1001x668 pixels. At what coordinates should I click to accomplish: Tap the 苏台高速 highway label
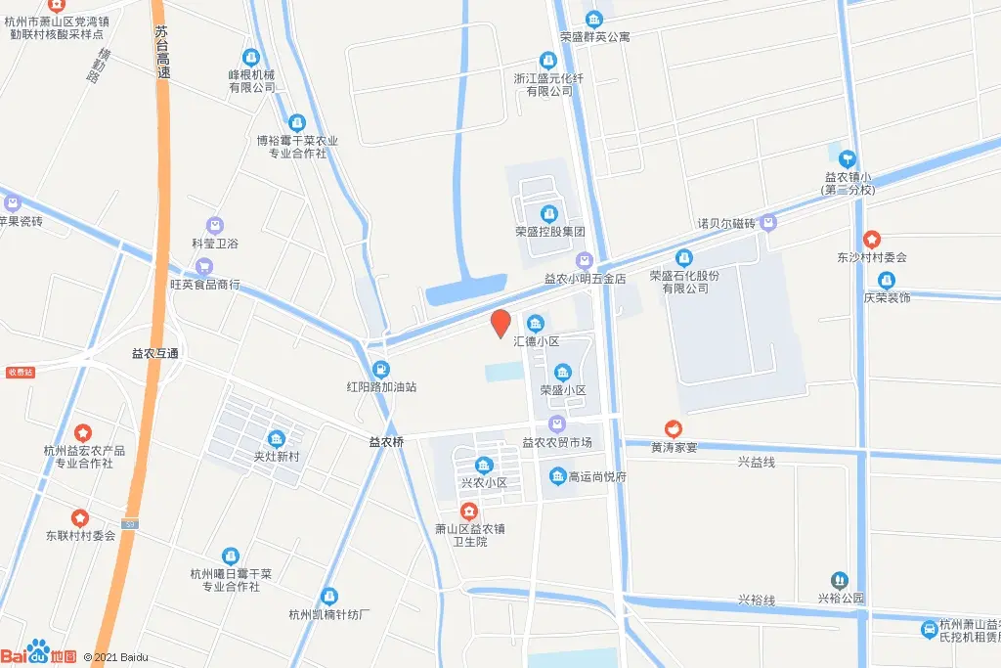162,53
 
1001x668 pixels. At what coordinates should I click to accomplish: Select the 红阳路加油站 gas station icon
381,369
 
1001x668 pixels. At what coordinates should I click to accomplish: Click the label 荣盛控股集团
549,233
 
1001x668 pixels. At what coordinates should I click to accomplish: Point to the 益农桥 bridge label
386,442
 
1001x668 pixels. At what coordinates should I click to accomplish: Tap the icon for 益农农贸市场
557,424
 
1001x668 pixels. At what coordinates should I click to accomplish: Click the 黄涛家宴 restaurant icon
673,428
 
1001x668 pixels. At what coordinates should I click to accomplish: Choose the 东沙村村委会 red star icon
872,240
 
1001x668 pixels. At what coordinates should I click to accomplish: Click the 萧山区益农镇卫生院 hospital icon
469,512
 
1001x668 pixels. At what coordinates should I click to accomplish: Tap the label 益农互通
157,353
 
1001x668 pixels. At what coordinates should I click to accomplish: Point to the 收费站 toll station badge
20,372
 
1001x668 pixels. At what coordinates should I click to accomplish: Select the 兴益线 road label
756,462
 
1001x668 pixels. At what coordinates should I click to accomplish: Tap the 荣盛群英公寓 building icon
594,19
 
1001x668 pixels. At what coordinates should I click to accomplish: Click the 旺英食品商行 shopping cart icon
204,266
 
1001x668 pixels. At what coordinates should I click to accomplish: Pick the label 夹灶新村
275,456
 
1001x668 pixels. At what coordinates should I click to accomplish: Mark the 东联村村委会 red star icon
80,517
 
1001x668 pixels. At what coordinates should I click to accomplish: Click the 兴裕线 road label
756,600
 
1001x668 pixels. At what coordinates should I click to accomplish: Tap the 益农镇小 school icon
848,158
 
